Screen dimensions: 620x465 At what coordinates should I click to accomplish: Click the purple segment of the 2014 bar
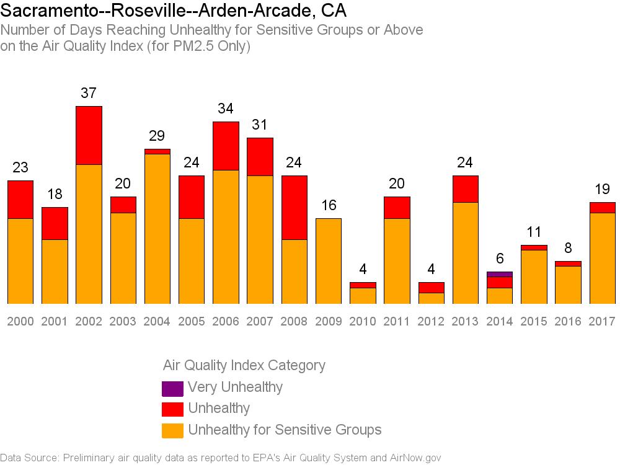coord(499,275)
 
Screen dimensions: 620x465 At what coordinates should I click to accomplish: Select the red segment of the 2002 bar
coord(89,135)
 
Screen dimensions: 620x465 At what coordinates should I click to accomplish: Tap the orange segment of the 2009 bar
coord(329,261)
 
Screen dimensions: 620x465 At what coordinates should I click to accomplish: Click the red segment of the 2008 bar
coord(294,208)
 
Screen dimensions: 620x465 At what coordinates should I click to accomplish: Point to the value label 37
coord(89,93)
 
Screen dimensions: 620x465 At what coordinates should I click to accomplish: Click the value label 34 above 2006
coord(226,108)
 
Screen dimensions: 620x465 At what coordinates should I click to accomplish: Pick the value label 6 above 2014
coord(500,259)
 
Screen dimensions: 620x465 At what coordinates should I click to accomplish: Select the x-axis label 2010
coord(363,321)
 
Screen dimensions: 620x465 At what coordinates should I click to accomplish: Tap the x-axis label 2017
coord(602,321)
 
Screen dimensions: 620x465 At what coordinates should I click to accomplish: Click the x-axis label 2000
coord(20,321)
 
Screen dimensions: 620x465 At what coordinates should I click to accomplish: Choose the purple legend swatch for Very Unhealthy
coord(173,388)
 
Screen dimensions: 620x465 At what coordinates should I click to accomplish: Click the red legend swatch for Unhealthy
coord(173,409)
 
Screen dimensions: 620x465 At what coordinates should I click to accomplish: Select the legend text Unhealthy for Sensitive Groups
coord(285,430)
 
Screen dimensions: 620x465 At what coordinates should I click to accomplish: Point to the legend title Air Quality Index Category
coord(244,365)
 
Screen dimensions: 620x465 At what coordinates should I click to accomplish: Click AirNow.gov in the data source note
coord(415,458)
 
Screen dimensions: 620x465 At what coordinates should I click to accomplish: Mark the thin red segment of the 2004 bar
coord(157,151)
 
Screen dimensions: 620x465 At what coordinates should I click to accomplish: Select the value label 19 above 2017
coord(602,189)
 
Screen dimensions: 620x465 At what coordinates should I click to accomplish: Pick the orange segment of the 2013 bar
coord(466,253)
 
